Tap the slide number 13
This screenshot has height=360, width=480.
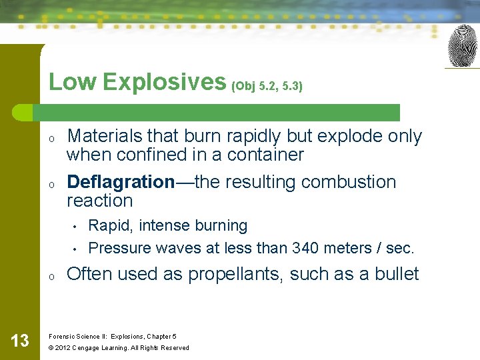tap(20, 341)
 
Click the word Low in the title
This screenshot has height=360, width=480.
tap(72, 82)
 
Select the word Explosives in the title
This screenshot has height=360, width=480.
tap(163, 82)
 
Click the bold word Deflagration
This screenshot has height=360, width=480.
tap(121, 182)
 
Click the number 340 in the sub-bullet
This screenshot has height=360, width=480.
tap(305, 248)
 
